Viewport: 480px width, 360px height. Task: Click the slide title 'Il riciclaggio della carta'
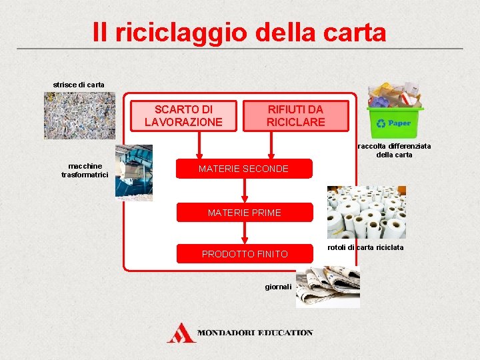click(239, 31)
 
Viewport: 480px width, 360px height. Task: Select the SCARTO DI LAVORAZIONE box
click(183, 116)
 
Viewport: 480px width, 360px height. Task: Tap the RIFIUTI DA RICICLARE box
click(295, 116)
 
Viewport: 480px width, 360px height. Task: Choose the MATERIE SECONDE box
click(243, 169)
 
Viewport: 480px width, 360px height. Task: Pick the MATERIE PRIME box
click(244, 213)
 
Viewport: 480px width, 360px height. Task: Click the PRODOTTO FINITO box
click(244, 254)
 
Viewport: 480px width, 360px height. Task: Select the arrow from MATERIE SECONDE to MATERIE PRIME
click(245, 190)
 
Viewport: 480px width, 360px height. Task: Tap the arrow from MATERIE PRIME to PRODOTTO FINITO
click(245, 233)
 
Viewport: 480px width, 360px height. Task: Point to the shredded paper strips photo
click(70, 115)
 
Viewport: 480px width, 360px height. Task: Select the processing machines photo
click(133, 172)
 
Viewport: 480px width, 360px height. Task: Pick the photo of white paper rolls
click(366, 212)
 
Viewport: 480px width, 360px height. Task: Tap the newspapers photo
click(328, 286)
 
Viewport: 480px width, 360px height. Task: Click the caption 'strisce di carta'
click(79, 85)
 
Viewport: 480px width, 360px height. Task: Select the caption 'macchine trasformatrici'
click(85, 170)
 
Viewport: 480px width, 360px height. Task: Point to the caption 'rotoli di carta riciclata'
click(365, 248)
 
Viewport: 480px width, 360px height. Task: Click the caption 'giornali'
click(278, 287)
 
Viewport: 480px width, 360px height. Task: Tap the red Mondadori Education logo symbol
click(181, 333)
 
